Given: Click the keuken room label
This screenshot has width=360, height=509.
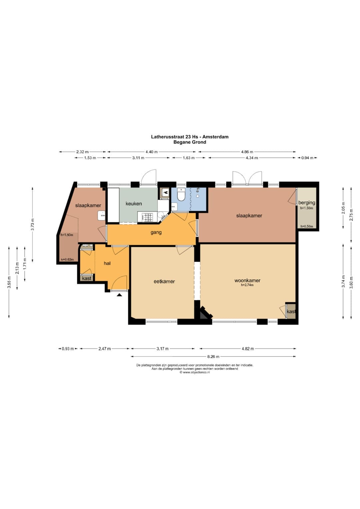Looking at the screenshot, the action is click(134, 204).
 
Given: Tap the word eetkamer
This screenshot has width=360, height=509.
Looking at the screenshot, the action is click(164, 282).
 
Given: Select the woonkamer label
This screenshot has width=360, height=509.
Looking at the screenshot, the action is click(247, 280).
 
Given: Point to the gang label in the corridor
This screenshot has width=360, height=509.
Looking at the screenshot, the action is click(156, 232).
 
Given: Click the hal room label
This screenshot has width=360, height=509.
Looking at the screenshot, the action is click(107, 263).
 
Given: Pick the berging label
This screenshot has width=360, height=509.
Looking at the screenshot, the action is click(307, 202).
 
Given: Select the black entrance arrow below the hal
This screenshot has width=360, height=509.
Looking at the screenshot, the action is click(119, 295).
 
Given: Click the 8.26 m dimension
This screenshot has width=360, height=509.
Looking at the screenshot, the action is click(213, 357).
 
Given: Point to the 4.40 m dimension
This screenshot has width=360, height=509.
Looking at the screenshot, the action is click(152, 152).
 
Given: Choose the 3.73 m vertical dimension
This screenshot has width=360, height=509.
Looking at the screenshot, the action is click(33, 224).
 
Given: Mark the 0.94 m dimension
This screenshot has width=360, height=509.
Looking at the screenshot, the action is click(307, 158).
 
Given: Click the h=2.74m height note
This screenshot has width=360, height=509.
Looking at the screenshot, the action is click(247, 285).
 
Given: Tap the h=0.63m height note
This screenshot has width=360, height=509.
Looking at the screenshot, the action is click(67, 259).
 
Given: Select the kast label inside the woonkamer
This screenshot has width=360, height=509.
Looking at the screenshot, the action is click(291, 312).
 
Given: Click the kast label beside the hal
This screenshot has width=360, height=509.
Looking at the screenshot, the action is click(87, 278).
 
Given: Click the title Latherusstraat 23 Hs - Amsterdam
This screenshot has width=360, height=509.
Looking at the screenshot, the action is click(190, 137).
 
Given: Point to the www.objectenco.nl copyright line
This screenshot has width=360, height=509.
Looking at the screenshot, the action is click(195, 372).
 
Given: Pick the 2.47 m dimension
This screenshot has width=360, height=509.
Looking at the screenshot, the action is click(105, 349).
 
